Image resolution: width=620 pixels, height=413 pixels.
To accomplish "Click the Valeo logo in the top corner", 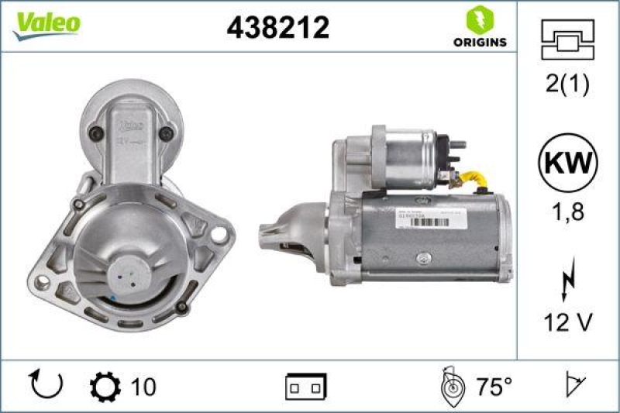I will (x=46, y=24).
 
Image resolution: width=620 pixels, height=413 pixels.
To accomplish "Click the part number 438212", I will (x=277, y=28).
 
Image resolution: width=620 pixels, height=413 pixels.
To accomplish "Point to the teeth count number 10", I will (x=144, y=385).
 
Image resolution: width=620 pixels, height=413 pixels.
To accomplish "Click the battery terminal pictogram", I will (x=306, y=385).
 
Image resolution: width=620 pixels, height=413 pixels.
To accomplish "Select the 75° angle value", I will (x=493, y=385).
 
